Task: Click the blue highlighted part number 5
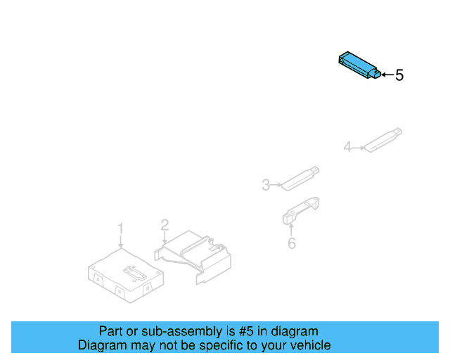point(359,65)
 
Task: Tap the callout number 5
point(399,75)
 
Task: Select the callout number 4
point(347,147)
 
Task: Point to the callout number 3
point(266,185)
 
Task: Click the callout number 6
point(291,243)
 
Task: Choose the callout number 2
point(165,225)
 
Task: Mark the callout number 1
point(120,229)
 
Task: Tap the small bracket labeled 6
point(302,210)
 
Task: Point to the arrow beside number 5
point(386,74)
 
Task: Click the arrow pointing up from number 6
point(291,229)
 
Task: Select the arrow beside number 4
point(357,148)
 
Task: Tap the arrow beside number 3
point(276,185)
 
